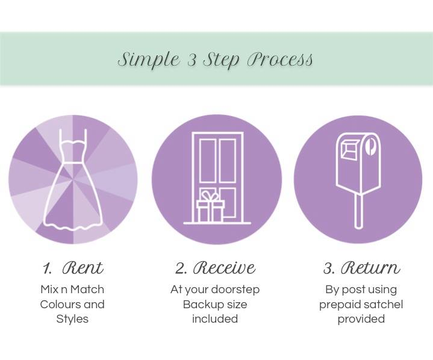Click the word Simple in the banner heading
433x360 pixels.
pos(149,60)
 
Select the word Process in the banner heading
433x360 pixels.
pos(280,59)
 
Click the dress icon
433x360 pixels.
pos(73,179)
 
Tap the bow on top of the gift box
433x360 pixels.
pos(210,195)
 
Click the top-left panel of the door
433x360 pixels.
pos(208,161)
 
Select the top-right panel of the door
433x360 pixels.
pos(228,161)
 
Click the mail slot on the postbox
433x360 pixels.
pos(350,149)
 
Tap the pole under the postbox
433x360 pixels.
pos(358,211)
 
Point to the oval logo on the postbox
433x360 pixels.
pos(370,146)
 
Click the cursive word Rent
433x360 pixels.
pos(83,267)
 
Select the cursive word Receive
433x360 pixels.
pos(224,267)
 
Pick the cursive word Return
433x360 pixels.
pos(370,267)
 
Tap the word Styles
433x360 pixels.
pos(72,319)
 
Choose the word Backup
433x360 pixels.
pos(200,305)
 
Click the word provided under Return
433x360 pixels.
pos(361,319)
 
